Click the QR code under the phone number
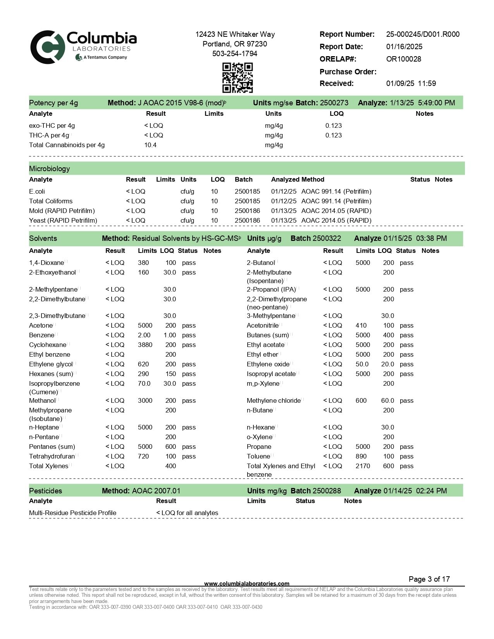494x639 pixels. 237,78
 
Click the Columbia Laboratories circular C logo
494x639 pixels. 47,47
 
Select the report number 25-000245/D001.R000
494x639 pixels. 423,34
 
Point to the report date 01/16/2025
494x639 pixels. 404,46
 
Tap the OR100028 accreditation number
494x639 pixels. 403,59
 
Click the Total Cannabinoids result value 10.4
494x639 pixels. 150,145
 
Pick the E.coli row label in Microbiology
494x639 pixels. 37,191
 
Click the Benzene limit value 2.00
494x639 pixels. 144,335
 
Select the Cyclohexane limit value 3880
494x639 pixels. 145,345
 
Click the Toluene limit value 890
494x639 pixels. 361,456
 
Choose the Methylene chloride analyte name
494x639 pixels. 274,400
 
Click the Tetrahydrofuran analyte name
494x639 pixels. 52,456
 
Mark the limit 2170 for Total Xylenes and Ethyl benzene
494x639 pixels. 363,466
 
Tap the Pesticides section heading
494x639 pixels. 45,491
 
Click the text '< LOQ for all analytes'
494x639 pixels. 187,513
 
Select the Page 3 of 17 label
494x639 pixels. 429,579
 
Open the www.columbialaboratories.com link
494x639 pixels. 246,583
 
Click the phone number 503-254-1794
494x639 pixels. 234,53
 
